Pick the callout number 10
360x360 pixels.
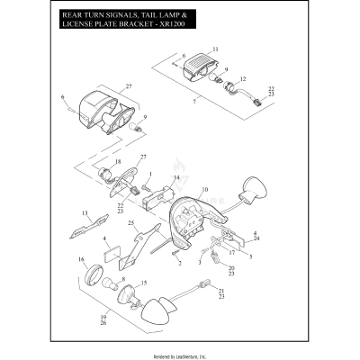tap(204, 190)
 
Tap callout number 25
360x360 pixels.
tap(131, 222)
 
